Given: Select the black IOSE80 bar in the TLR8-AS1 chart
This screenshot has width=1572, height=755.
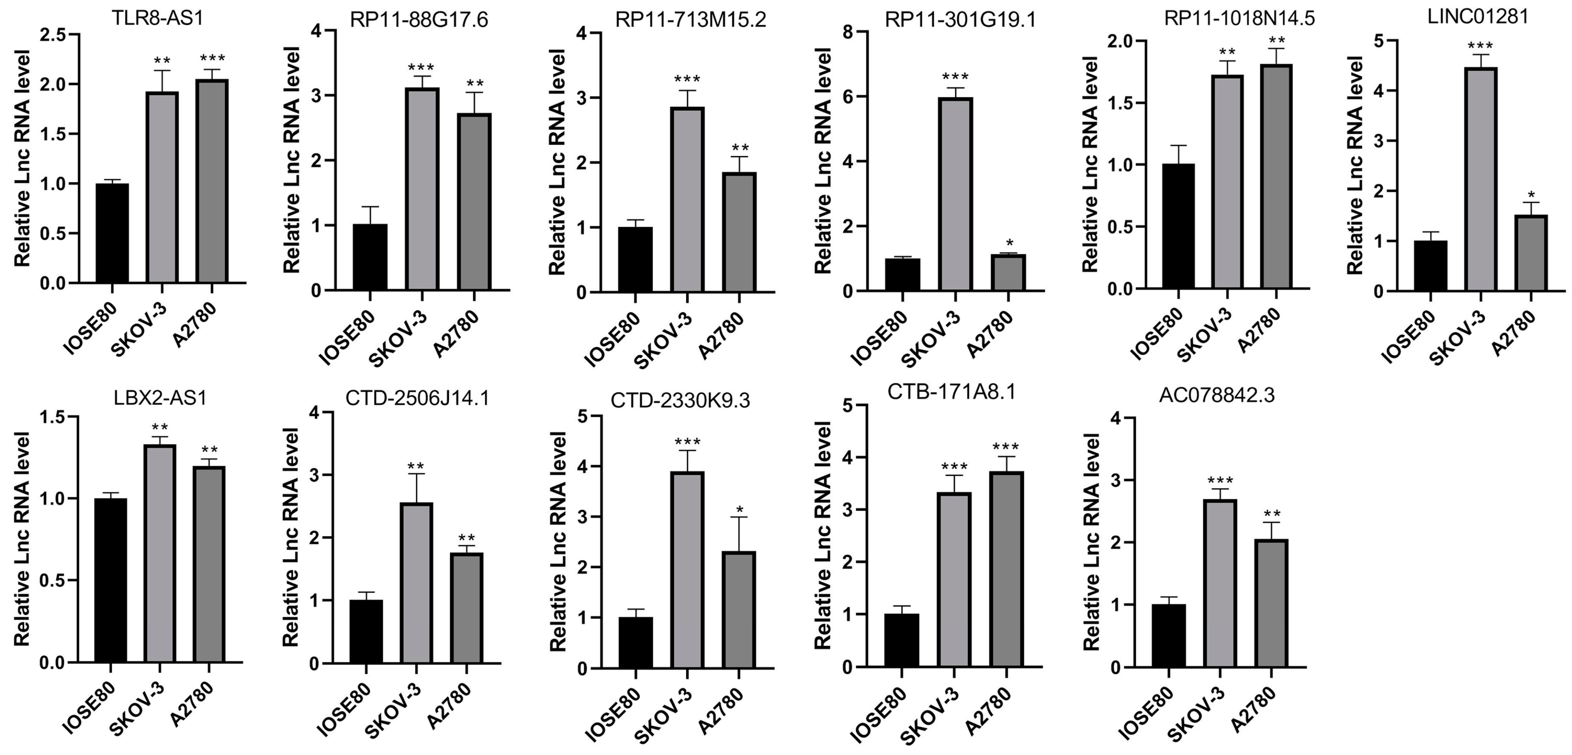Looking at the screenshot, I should coord(112,233).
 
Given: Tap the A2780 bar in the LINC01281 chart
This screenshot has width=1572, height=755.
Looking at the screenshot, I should coord(1530,253).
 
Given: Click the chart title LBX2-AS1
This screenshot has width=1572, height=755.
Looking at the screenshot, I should coord(160,399).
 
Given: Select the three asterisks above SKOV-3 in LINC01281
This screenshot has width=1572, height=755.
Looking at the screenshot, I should coord(1480,46).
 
